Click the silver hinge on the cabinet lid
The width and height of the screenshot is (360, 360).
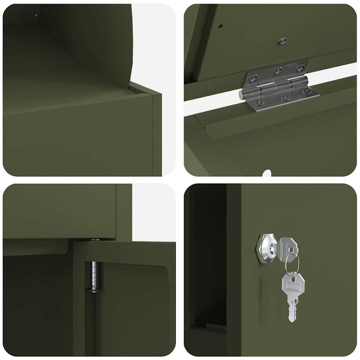pyautogui.click(x=278, y=86)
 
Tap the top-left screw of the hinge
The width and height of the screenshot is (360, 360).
pyautogui.click(x=254, y=78)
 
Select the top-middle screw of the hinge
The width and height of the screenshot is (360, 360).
pyautogui.click(x=278, y=70)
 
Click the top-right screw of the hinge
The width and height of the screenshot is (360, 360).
pyautogui.click(x=300, y=68)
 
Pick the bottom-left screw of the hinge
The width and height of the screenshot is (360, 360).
pyautogui.click(x=258, y=103)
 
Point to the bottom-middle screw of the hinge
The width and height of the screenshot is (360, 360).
pyautogui.click(x=284, y=98)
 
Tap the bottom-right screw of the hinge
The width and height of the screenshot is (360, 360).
pyautogui.click(x=306, y=91)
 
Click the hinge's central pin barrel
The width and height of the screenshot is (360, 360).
pyautogui.click(x=278, y=87)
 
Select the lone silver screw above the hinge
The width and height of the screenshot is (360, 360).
pyautogui.click(x=282, y=41)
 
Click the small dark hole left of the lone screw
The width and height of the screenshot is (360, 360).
pyautogui.click(x=220, y=26)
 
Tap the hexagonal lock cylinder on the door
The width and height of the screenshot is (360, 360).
pyautogui.click(x=266, y=248)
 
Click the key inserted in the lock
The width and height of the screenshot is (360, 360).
pyautogui.click(x=288, y=248)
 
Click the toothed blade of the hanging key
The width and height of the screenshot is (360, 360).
pyautogui.click(x=291, y=310)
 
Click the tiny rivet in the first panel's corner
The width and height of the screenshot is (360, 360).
pyautogui.click(x=36, y=15)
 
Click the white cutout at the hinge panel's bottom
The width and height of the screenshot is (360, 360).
pyautogui.click(x=266, y=173)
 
